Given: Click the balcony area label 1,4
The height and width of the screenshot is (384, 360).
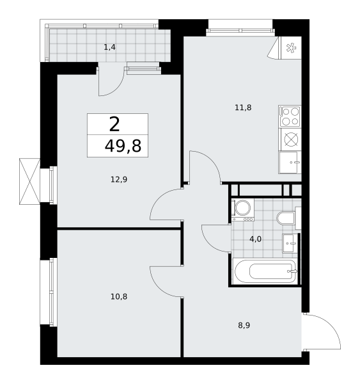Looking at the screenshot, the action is (109, 47).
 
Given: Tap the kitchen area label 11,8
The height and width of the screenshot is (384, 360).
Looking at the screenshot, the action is (243, 108).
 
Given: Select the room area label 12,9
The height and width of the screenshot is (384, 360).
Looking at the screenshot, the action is (119, 179).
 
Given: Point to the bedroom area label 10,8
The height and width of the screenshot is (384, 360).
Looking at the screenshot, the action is (119, 296).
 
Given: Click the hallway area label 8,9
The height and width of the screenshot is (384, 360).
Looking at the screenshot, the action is (244, 325).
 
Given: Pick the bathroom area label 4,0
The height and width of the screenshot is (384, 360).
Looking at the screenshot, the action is (255, 239).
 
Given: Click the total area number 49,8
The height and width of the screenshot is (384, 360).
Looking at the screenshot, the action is (123, 146).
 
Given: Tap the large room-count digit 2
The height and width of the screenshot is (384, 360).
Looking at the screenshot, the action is (114, 124).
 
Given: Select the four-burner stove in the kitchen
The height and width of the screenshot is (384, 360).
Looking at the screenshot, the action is (290, 116).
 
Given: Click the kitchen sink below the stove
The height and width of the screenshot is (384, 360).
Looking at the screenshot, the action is (290, 163).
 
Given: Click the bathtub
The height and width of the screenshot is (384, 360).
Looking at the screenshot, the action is (265, 271).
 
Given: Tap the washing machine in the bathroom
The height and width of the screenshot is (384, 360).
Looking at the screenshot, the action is (243, 210).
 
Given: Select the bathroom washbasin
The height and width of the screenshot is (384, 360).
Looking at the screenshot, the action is (290, 243).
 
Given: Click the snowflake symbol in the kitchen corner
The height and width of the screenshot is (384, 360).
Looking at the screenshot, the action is (291, 48).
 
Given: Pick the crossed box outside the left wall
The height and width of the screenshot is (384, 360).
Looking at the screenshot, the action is (29, 181).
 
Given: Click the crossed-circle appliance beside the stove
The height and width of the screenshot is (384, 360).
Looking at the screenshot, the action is (291, 140).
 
